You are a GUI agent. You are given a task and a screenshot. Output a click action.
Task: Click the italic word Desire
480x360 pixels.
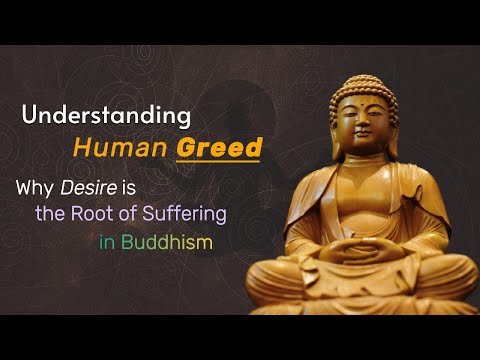[x=84, y=186]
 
